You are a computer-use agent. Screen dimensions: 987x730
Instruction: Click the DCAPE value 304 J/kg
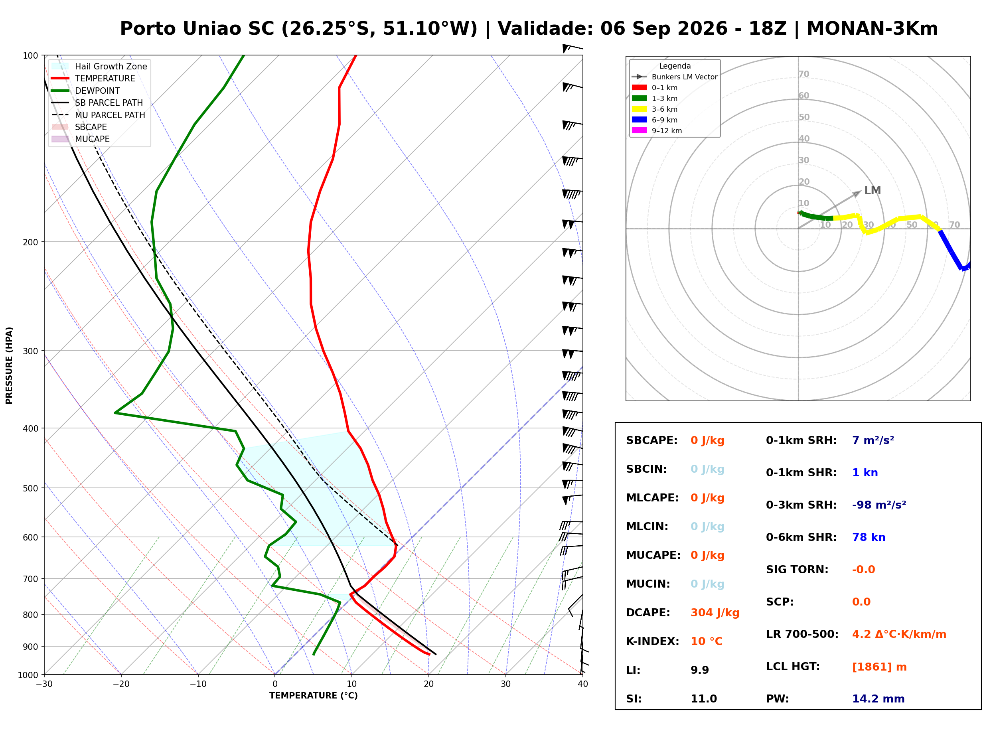pos(715,613)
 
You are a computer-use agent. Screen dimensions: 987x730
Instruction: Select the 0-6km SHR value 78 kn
pos(869,537)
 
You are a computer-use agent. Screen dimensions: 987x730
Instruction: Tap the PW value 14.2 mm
pos(878,699)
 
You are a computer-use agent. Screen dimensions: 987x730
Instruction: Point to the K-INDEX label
pos(653,641)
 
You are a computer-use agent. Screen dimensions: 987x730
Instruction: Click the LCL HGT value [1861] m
pos(879,667)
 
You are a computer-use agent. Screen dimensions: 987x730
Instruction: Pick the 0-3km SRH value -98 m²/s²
pos(879,505)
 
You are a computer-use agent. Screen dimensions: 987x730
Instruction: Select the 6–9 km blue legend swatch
pos(639,120)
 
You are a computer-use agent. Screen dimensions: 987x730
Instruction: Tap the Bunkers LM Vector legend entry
pos(675,77)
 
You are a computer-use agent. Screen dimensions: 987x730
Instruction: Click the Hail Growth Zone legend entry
pos(99,66)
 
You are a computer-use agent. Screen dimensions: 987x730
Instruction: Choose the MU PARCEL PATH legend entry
pos(99,115)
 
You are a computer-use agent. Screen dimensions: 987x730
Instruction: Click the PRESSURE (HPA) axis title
pos(9,365)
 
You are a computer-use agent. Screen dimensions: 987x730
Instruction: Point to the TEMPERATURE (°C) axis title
pos(314,696)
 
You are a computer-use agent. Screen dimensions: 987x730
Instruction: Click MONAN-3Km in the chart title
pos(872,29)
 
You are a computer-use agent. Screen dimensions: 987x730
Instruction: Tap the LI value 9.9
pos(700,670)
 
